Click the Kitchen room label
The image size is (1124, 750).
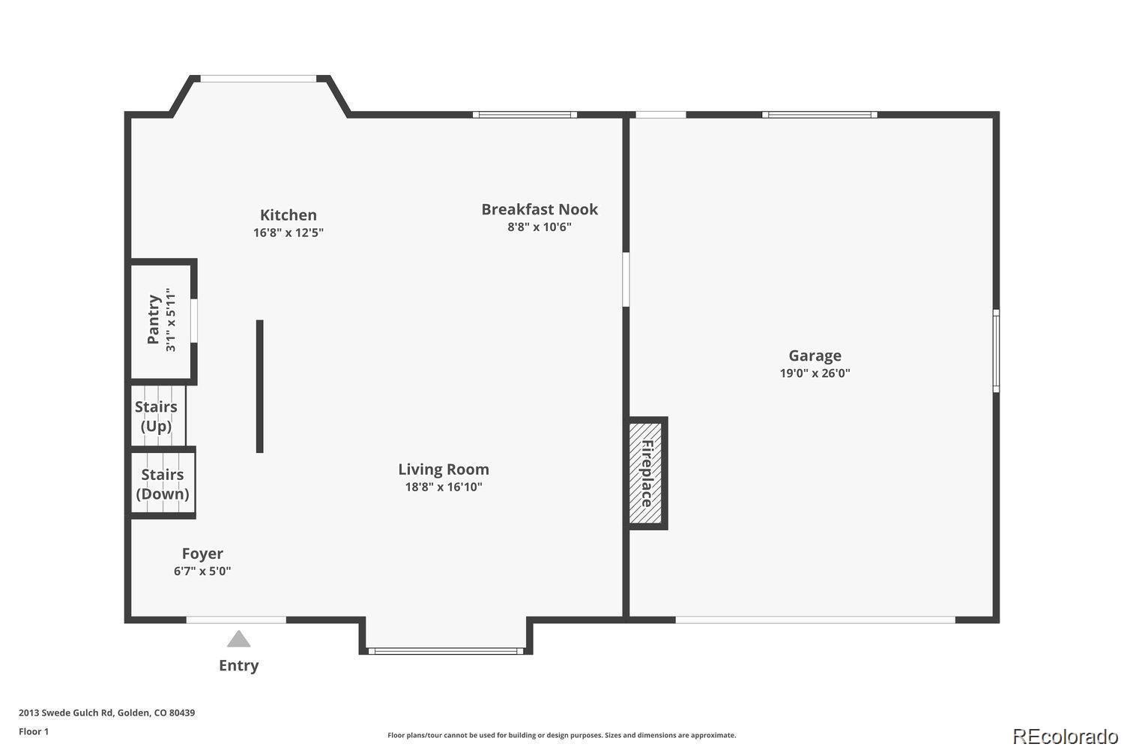(288, 215)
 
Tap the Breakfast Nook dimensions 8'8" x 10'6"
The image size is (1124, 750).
(540, 227)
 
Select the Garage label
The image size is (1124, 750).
(815, 356)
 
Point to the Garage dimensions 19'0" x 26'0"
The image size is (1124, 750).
(815, 373)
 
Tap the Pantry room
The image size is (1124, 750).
(161, 320)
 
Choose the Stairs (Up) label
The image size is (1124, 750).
(156, 416)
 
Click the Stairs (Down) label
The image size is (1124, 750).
(163, 484)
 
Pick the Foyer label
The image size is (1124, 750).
(202, 553)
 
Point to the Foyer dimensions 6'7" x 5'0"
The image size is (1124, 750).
(202, 571)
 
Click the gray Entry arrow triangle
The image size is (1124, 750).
(238, 639)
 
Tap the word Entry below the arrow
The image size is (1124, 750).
(239, 665)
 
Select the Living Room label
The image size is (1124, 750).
(444, 469)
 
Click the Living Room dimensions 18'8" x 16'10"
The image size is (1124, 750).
(444, 487)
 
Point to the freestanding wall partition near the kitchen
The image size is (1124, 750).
(259, 386)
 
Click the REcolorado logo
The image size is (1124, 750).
(1066, 736)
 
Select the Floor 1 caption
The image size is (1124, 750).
(34, 731)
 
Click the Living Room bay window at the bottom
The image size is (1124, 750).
(446, 652)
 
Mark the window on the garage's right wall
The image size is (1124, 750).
(996, 351)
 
